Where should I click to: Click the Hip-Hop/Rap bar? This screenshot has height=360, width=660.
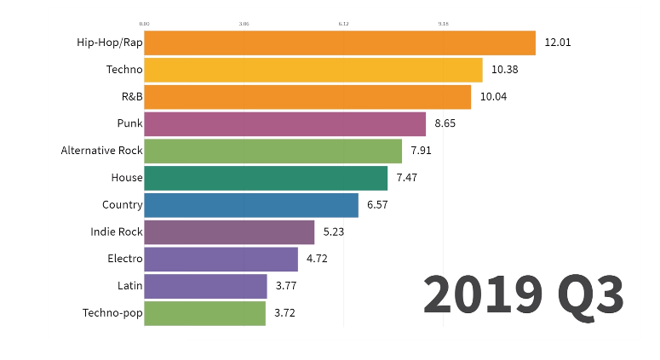click(339, 43)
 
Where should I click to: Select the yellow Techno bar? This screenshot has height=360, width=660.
click(313, 70)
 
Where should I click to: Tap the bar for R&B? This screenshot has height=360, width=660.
click(307, 97)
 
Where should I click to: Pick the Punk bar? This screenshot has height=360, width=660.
click(284, 124)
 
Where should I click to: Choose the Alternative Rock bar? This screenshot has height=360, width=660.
click(273, 151)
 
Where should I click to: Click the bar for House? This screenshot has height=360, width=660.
click(265, 178)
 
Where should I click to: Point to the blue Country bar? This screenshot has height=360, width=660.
click(250, 205)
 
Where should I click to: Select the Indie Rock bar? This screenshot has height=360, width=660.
click(229, 232)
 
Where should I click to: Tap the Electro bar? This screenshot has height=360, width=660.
click(221, 260)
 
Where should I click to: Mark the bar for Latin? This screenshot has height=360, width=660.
click(205, 286)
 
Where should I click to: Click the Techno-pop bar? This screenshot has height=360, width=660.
click(204, 313)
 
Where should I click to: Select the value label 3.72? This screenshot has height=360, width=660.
click(284, 313)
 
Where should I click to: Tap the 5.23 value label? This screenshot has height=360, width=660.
click(334, 232)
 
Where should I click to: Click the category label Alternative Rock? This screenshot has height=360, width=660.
click(101, 151)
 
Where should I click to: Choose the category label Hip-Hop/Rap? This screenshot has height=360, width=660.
click(109, 43)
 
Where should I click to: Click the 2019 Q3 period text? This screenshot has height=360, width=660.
click(523, 294)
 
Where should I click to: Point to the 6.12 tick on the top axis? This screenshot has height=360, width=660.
click(343, 24)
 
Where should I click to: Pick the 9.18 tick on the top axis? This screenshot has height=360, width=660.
click(443, 24)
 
